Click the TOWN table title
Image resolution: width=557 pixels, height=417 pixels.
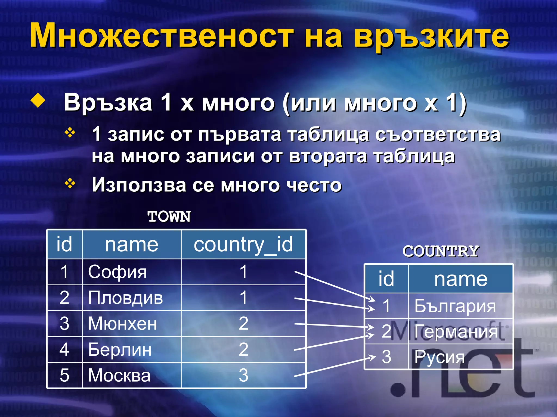tap(169, 217)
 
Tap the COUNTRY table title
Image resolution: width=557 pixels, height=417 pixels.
tap(441, 251)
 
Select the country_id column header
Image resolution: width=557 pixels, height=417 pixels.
tap(243, 244)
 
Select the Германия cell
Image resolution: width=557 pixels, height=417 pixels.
tap(460, 331)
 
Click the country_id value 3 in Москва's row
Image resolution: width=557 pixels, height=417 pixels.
tap(243, 375)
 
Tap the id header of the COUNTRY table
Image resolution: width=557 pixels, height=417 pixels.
tap(386, 279)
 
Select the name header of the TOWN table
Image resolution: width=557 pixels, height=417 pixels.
tap(132, 244)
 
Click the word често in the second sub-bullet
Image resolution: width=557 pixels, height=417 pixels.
tap(314, 185)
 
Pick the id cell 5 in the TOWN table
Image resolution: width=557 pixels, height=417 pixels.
tap(64, 375)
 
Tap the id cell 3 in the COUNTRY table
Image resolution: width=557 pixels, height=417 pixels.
tap(386, 357)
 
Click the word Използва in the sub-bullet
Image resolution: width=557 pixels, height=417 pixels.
tap(139, 185)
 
